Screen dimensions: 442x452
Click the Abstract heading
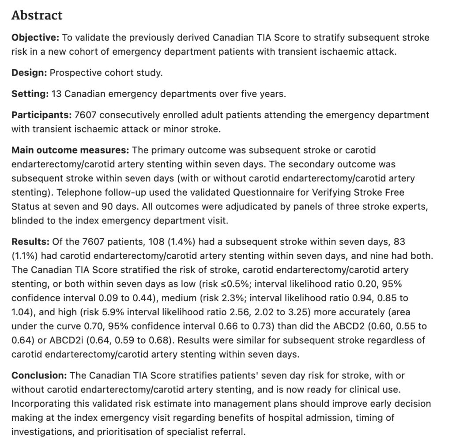coord(37,15)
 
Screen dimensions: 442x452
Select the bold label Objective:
coord(35,38)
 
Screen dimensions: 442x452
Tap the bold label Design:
coord(29,72)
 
